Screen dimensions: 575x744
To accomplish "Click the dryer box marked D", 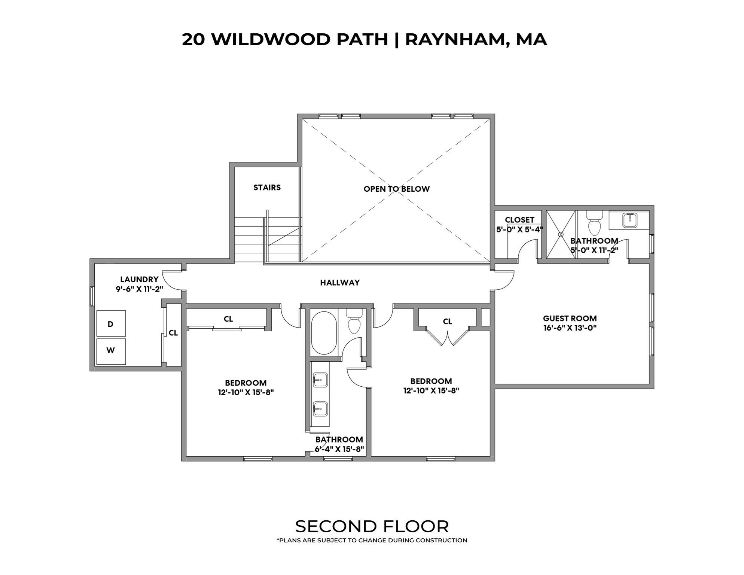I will [111, 324].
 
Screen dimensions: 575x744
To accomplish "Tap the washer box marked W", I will [111, 351].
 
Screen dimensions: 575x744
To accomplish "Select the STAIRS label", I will [267, 188].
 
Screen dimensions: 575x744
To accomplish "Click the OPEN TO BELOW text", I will [396, 189].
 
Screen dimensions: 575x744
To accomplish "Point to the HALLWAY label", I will [340, 283].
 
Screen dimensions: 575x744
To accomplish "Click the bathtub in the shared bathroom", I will [324, 333].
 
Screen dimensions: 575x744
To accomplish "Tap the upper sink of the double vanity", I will [320, 380].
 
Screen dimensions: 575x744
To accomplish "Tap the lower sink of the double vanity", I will [320, 409].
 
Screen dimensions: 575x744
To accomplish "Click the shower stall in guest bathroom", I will [561, 234].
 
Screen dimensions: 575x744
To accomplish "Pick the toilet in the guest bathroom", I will [594, 223].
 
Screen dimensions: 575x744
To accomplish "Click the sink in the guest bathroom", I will [630, 220].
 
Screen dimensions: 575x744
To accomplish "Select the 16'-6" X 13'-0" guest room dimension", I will [570, 328].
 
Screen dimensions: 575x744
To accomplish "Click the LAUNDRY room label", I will [139, 279].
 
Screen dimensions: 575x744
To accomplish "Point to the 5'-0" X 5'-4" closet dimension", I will [519, 229].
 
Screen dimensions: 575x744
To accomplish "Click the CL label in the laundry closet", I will [173, 333].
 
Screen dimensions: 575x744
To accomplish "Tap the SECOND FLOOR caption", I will [372, 526].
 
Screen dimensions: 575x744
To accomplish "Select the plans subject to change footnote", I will [372, 540].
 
